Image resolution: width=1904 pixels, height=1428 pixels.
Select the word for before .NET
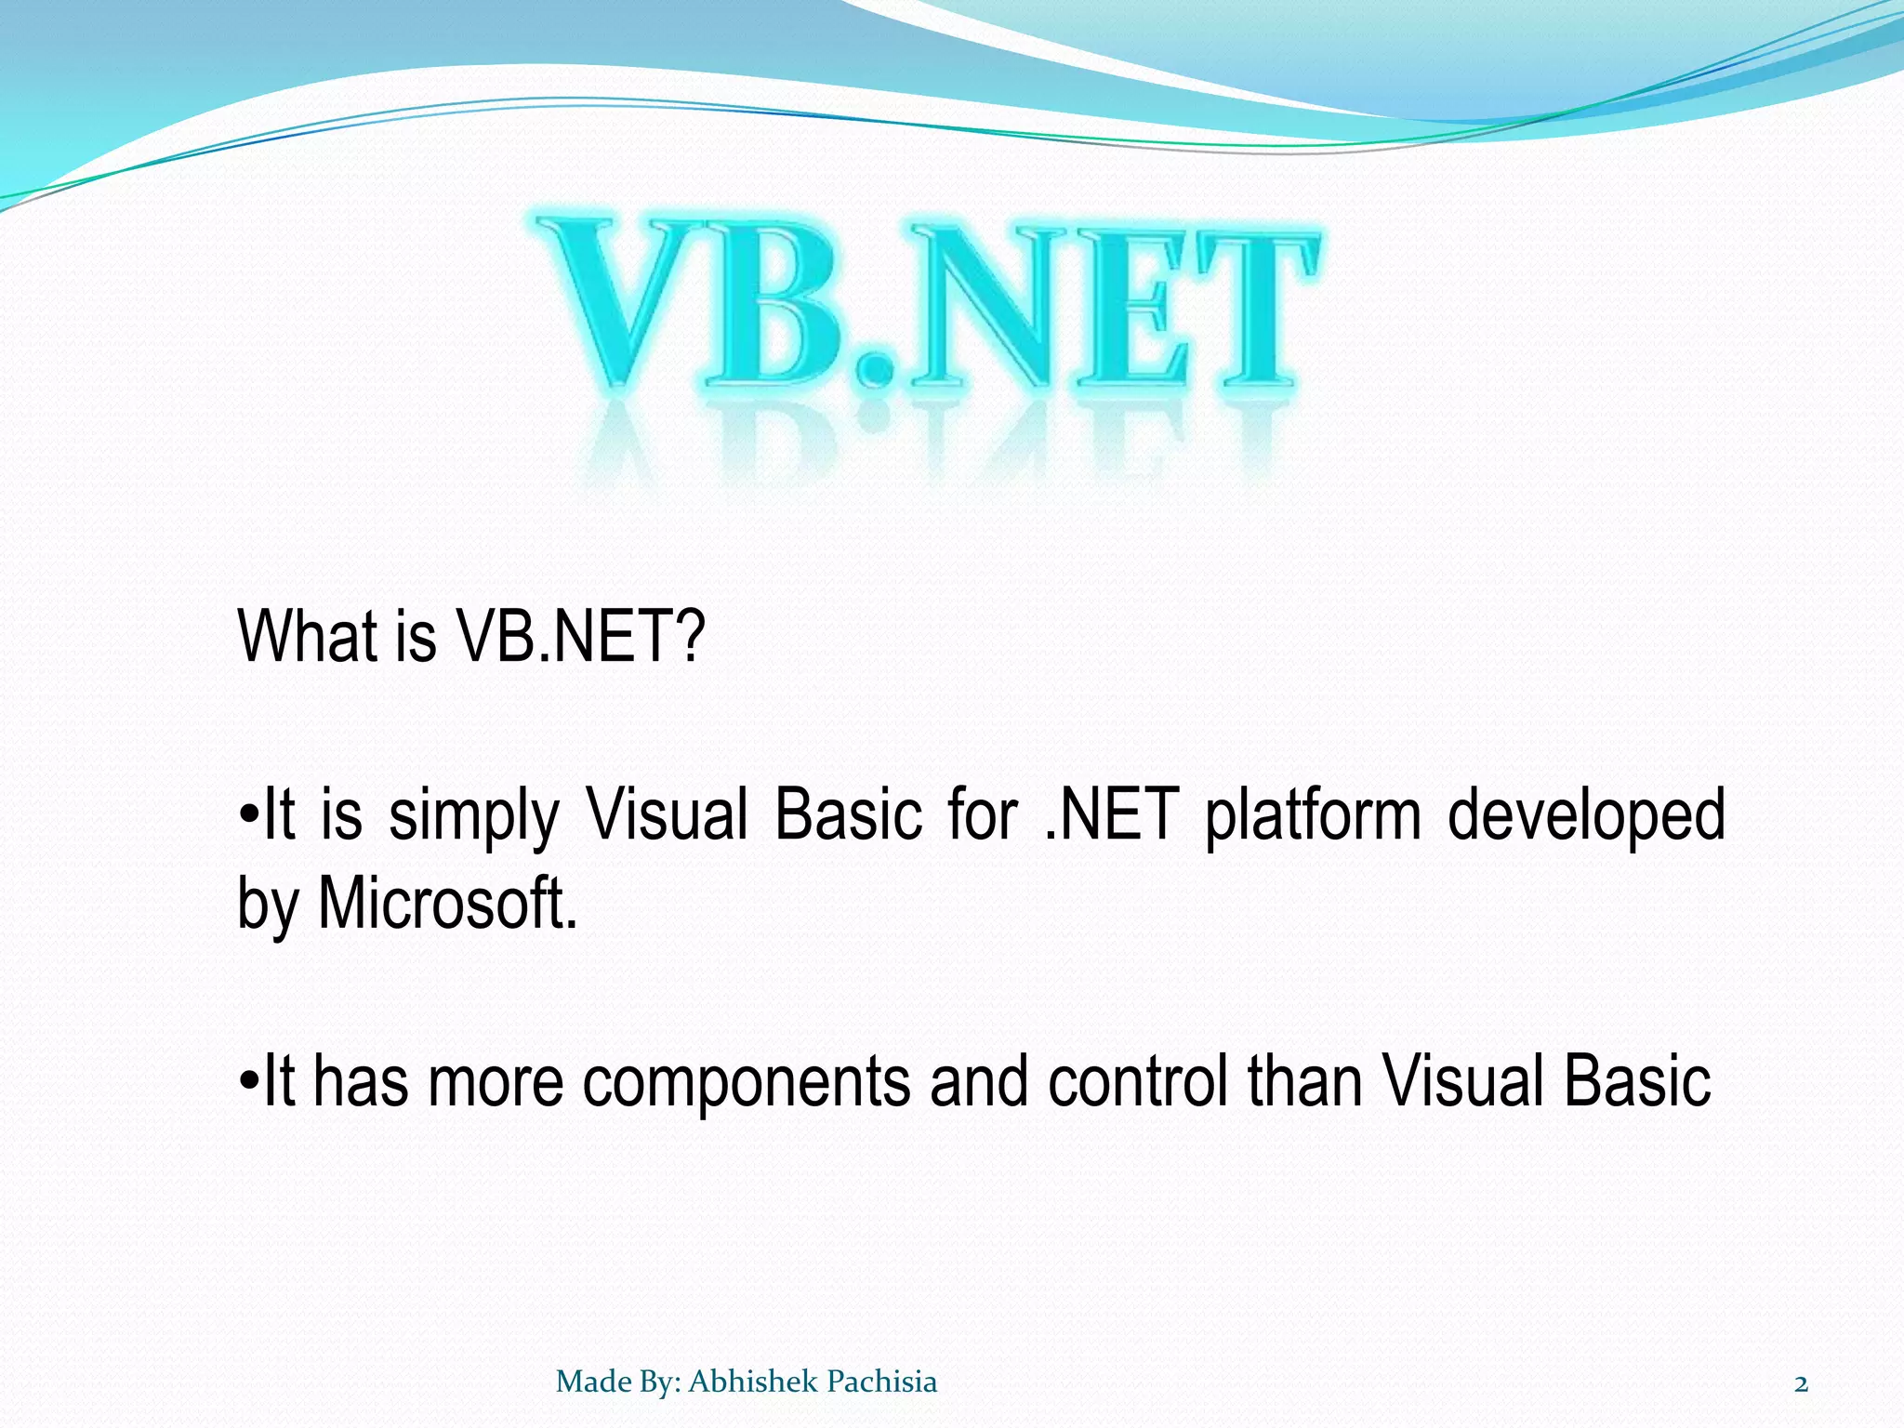(x=983, y=814)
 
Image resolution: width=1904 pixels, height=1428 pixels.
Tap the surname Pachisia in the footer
(x=881, y=1382)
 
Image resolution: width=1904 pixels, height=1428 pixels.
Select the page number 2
(x=1801, y=1384)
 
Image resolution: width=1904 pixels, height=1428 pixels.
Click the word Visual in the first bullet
(x=668, y=814)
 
